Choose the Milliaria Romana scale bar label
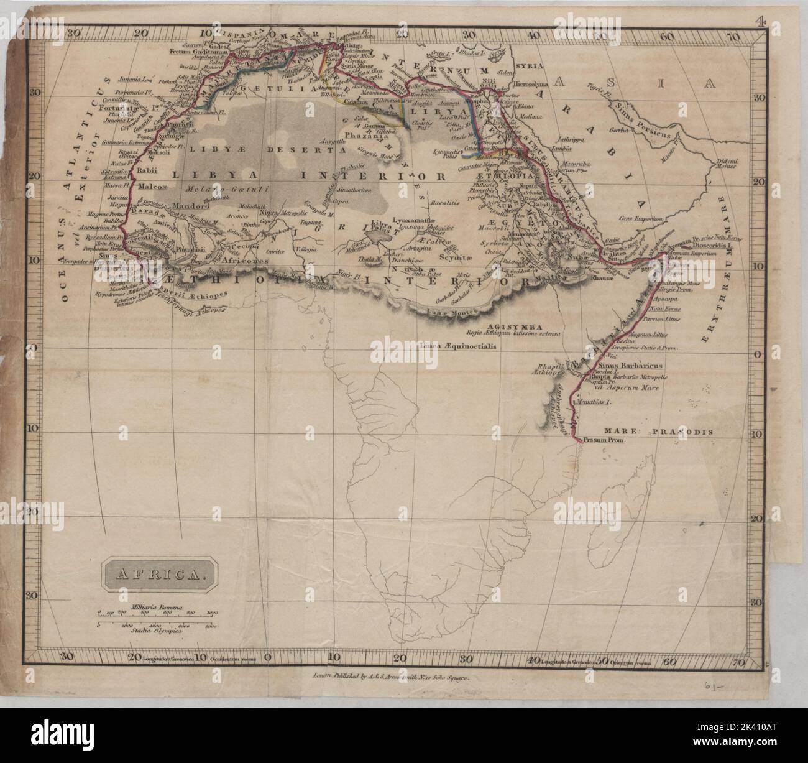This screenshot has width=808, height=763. click(x=155, y=606)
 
